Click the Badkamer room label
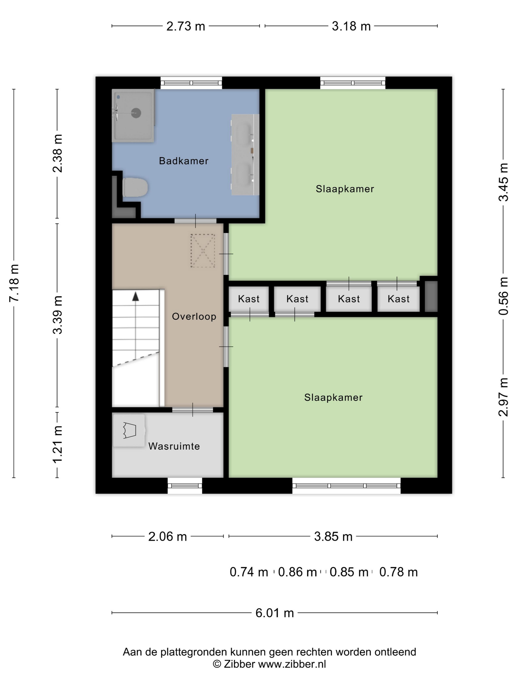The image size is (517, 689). click(184, 161)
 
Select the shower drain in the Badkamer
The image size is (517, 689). click(136, 113)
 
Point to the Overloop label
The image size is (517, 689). click(194, 316)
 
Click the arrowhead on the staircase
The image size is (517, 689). click(136, 296)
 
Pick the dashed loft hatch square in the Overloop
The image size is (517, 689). click(203, 251)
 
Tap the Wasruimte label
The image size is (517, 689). click(174, 446)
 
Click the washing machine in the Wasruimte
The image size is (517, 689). click(129, 430)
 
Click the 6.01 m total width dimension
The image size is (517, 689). click(275, 613)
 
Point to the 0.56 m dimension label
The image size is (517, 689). click(503, 296)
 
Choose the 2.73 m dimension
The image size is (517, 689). click(186, 26)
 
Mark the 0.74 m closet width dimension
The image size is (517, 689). click(249, 572)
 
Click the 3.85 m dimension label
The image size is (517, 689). click(333, 536)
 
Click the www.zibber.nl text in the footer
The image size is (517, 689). click(292, 665)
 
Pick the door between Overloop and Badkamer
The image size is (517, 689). click(195, 221)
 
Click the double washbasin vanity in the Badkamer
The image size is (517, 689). click(245, 155)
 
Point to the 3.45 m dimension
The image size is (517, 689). click(503, 182)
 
